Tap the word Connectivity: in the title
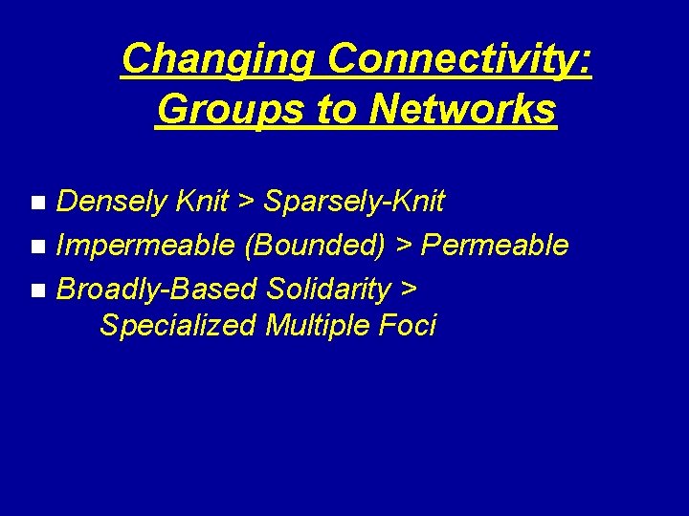(x=460, y=59)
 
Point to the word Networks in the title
(x=462, y=110)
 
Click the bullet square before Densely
(x=37, y=203)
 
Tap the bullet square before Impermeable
(x=37, y=247)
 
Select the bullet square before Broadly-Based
(x=37, y=290)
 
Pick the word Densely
(x=114, y=202)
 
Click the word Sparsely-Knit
(x=354, y=202)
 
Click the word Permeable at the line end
(x=495, y=246)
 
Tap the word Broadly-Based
(x=158, y=289)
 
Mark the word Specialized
(x=178, y=326)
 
